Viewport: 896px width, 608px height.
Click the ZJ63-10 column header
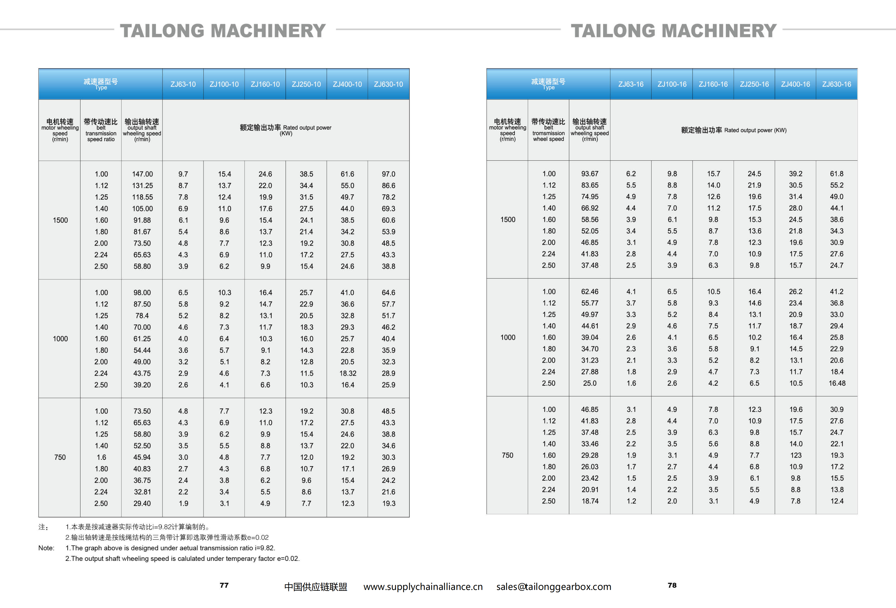[x=183, y=84]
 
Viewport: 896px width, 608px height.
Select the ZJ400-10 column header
[x=347, y=84]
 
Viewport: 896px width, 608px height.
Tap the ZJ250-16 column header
[x=754, y=84]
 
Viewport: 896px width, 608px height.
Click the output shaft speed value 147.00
[x=142, y=174]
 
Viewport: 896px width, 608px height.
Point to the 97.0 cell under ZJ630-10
[x=388, y=174]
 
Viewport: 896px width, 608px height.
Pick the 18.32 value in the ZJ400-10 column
[x=347, y=373]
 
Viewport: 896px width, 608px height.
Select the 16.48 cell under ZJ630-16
[x=837, y=383]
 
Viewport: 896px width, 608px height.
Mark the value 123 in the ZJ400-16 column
[x=795, y=455]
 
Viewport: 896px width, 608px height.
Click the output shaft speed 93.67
[x=590, y=174]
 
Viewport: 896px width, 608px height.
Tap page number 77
[x=224, y=585]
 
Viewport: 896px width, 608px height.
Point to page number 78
[x=672, y=585]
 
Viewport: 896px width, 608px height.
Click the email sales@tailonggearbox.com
[x=554, y=587]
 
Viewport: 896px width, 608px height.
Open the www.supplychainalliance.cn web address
[x=423, y=587]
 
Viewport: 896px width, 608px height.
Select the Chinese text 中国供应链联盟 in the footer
[x=316, y=587]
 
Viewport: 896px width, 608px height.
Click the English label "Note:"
[x=46, y=548]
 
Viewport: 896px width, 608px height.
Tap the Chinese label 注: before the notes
[x=43, y=527]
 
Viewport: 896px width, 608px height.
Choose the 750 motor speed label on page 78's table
[x=507, y=455]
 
